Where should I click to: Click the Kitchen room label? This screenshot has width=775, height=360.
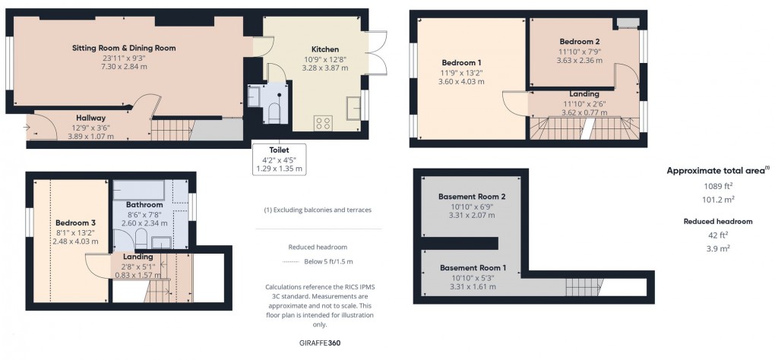(x=324, y=49)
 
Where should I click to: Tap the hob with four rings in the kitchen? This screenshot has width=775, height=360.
(x=323, y=123)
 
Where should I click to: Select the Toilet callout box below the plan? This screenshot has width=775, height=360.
(x=279, y=159)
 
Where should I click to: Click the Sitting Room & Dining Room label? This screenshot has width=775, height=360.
(x=124, y=49)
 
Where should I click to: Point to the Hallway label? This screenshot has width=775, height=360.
(x=91, y=118)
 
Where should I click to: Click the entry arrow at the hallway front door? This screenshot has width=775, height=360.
(x=26, y=128)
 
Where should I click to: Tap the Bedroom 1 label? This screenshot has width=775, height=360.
(x=461, y=63)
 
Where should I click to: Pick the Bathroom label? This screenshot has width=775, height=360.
(x=144, y=204)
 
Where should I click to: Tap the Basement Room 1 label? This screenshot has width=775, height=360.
(x=473, y=268)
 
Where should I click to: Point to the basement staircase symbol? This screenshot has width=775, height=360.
(x=585, y=287)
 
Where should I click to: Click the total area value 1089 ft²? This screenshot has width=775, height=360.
(x=718, y=186)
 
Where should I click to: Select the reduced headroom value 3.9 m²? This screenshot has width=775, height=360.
(x=719, y=248)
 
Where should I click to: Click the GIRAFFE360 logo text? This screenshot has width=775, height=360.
(x=321, y=343)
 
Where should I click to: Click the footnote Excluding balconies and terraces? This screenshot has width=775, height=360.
(x=318, y=210)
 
